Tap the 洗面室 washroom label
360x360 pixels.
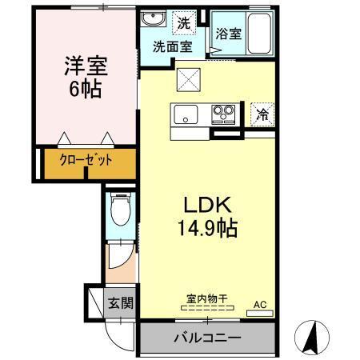click(172, 46)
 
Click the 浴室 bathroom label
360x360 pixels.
click(228, 34)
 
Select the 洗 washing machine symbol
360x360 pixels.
click(184, 23)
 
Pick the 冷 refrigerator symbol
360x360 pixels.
click(261, 114)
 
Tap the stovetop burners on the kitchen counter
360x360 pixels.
click(223, 113)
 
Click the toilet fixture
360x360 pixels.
click(120, 213)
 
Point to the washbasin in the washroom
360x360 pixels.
click(152, 19)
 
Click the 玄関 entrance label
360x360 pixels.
click(122, 304)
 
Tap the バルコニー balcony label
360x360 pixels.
click(207, 338)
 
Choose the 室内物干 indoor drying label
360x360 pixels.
click(207, 299)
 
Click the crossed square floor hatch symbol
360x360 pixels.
click(190, 79)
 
